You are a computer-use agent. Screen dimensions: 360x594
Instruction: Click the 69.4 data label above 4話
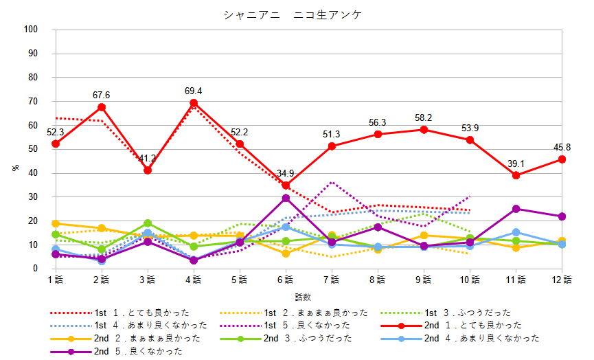193,91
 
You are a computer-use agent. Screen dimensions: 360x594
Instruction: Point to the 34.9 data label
285,173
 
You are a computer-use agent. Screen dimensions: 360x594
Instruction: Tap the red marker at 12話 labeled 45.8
562,159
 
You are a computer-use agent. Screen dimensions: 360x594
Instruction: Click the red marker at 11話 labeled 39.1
516,175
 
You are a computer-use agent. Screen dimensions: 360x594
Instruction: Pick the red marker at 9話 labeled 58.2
424,129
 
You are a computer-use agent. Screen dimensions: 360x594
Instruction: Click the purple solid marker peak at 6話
286,198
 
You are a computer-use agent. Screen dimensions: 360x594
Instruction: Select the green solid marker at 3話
147,223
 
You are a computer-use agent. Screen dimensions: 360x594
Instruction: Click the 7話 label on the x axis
332,279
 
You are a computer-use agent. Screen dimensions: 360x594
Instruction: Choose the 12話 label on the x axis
562,279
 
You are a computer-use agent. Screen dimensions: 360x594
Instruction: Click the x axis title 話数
303,297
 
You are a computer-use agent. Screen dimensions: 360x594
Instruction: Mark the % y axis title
16,168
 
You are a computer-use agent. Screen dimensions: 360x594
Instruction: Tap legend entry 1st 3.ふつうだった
474,313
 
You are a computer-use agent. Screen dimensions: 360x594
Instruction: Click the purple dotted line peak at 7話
332,182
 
